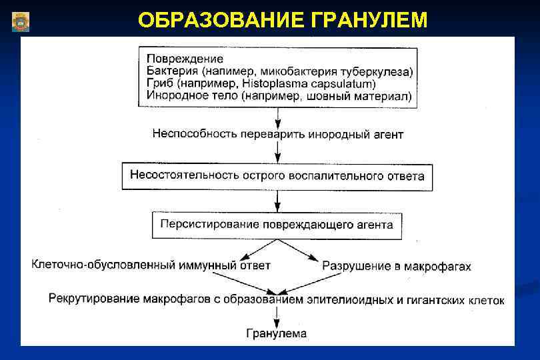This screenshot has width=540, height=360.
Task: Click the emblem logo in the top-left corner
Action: tap(21, 21)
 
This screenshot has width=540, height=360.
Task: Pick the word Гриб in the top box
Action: tap(159, 84)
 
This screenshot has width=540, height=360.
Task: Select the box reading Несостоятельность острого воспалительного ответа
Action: tap(277, 177)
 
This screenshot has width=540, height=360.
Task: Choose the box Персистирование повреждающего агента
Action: tap(277, 225)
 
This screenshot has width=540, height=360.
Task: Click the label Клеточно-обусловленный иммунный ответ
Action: tap(151, 265)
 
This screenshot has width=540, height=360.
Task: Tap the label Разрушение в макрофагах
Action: tap(397, 267)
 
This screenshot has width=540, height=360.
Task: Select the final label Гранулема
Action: tap(277, 333)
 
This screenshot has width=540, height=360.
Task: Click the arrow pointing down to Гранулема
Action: tap(277, 316)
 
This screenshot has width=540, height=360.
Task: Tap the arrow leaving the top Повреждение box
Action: tap(277, 115)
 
